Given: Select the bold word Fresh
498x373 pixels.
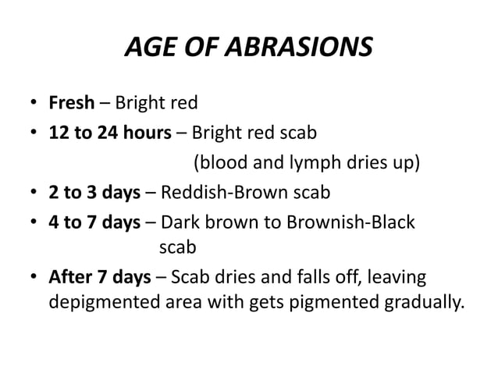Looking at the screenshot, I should [72, 103].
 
